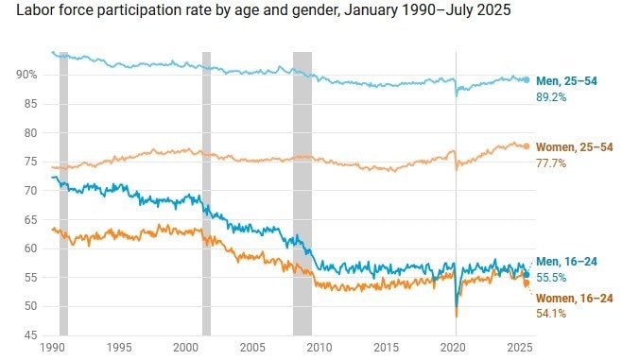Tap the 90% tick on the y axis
26,74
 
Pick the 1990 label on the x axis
53,348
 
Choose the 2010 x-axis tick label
317,348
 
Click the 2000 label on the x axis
185,348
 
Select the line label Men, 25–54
567,81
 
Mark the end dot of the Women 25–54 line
527,146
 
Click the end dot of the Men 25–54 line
527,79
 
